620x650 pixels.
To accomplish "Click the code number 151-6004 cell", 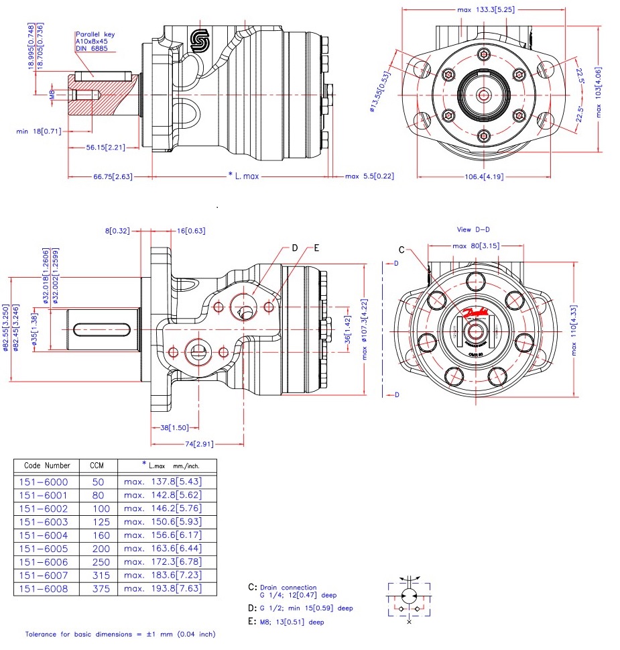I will pos(44,535).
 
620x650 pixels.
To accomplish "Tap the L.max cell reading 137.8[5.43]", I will pos(163,482).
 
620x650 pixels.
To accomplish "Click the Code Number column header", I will pos(47,465).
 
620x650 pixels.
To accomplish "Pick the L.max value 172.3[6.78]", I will pos(163,561).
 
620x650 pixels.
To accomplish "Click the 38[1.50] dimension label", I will pos(164,427).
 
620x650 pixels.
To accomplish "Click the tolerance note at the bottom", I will pos(121,634).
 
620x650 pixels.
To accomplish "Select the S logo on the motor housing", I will pos(200,41).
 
